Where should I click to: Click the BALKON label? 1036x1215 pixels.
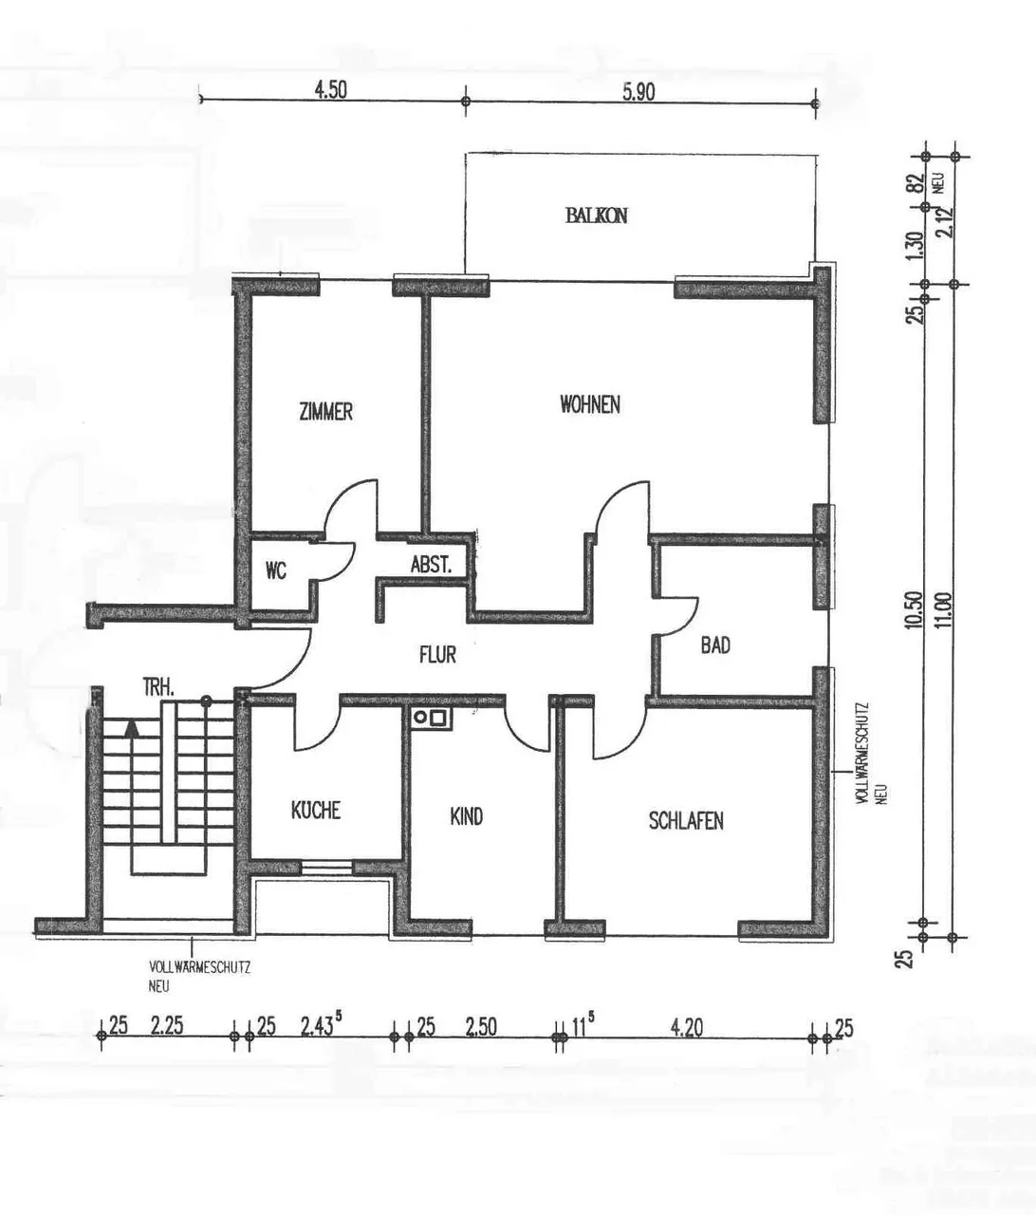[597, 215]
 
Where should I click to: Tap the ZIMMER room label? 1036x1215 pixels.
[326, 411]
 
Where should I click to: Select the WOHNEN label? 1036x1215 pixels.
[590, 404]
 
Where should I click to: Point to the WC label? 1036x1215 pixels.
[275, 570]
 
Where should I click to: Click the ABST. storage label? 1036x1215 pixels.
[432, 565]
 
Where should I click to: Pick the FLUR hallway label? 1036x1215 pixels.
[437, 654]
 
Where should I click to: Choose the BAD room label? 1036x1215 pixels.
[715, 645]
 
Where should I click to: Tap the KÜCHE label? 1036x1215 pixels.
[316, 810]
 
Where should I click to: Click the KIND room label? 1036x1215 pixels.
[467, 816]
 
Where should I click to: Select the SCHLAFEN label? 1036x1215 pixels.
[686, 820]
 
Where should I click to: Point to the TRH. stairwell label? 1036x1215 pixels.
[158, 688]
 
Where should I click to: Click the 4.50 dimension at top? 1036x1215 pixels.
[331, 90]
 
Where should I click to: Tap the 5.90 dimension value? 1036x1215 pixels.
[638, 92]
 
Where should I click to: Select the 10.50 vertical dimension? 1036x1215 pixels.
[915, 610]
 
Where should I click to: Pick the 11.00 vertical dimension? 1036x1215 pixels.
[946, 610]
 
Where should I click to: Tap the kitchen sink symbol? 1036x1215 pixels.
[431, 718]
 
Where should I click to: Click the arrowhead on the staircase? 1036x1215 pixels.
[132, 728]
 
